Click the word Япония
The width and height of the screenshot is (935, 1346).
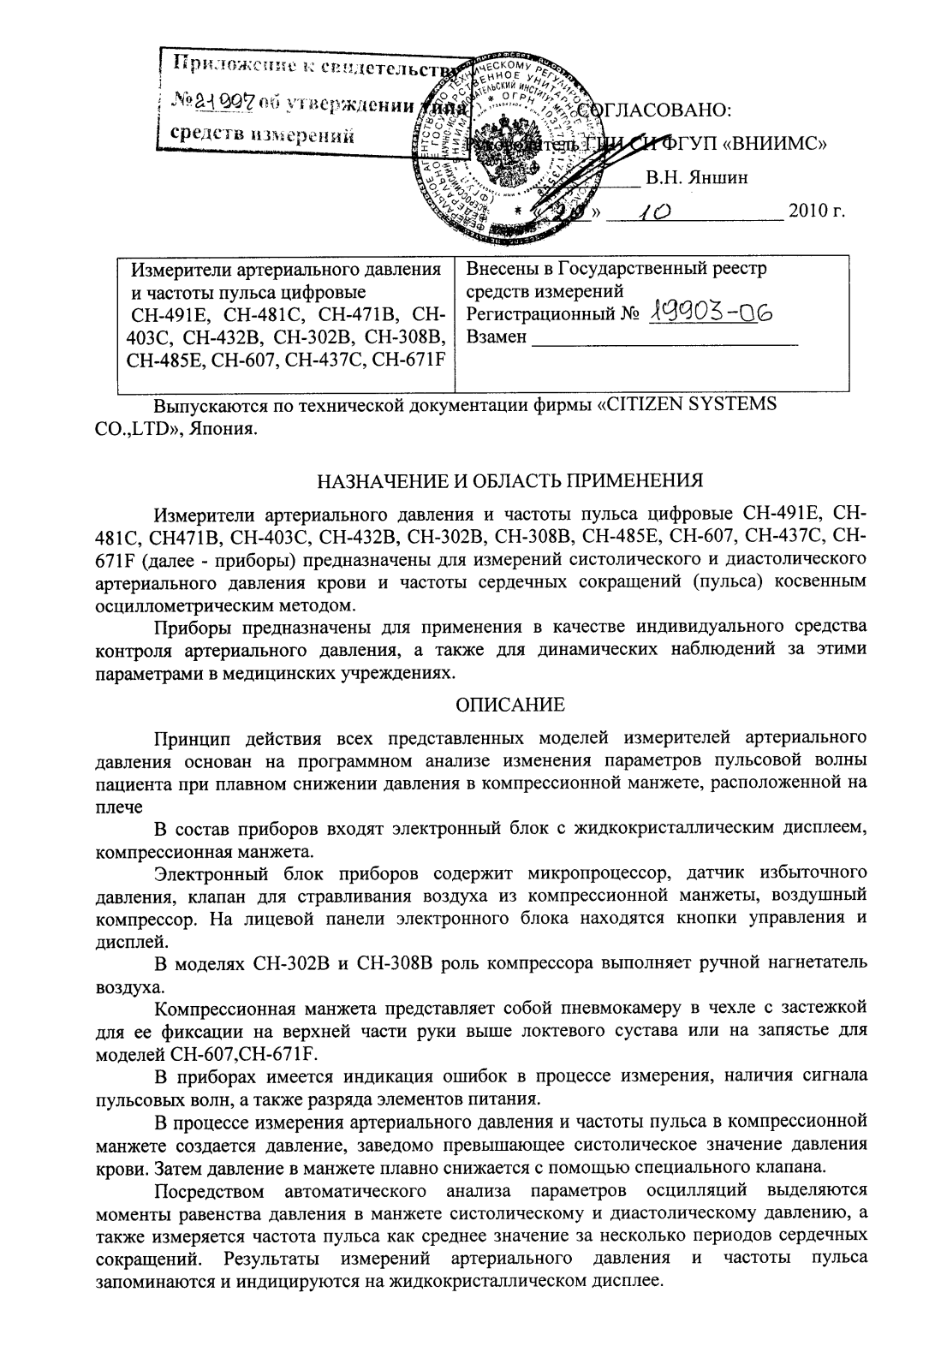coord(225,427)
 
